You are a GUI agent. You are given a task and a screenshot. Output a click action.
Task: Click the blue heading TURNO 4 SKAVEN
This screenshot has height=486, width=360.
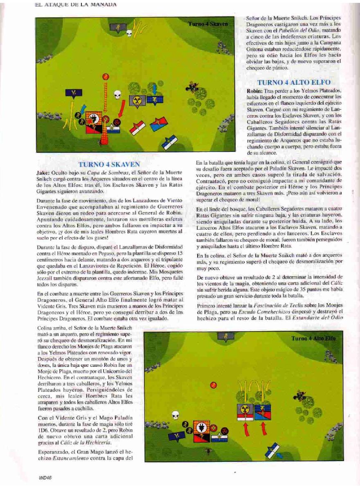(x=109, y=165)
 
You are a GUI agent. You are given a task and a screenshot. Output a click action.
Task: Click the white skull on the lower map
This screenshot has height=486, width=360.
(x=175, y=415)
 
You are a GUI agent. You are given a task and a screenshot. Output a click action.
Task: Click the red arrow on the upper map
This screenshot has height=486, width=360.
(x=122, y=108)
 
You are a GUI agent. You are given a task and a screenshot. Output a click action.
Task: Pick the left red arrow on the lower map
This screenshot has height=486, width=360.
(x=246, y=429)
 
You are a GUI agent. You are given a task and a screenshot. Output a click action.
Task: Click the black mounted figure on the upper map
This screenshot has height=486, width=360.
(x=191, y=86)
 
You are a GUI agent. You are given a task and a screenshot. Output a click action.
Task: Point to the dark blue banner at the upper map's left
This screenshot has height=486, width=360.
(x=74, y=94)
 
